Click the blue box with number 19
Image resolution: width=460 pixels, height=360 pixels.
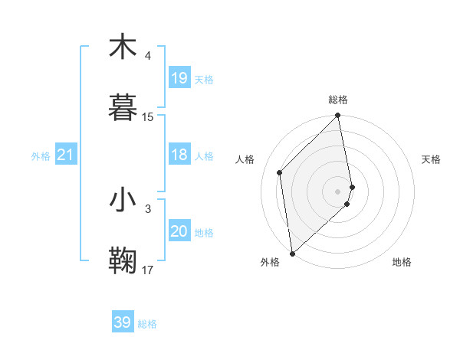coord(179,78)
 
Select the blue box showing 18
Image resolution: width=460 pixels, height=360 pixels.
coord(179,155)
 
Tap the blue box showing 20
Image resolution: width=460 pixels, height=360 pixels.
coord(179,232)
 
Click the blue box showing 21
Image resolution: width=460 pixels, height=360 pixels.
coord(66,155)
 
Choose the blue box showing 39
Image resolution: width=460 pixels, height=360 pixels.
coord(123,322)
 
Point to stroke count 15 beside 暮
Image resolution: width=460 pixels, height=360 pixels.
coord(148,117)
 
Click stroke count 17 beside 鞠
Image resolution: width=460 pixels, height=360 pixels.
coord(148,270)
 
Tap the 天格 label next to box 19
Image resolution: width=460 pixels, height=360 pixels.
coord(204,79)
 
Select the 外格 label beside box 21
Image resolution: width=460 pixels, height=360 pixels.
coord(41,156)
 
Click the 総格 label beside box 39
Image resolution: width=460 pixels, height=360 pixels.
coord(147,323)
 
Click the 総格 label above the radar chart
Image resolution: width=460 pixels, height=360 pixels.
coord(338,100)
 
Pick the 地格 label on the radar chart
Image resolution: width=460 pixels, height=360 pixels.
coord(402,262)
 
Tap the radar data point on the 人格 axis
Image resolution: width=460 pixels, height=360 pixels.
coord(280,172)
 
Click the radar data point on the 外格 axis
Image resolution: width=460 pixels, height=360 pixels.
coord(292,254)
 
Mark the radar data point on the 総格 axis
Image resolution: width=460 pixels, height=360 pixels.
coord(338,116)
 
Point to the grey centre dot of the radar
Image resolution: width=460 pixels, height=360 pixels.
coord(338,191)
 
